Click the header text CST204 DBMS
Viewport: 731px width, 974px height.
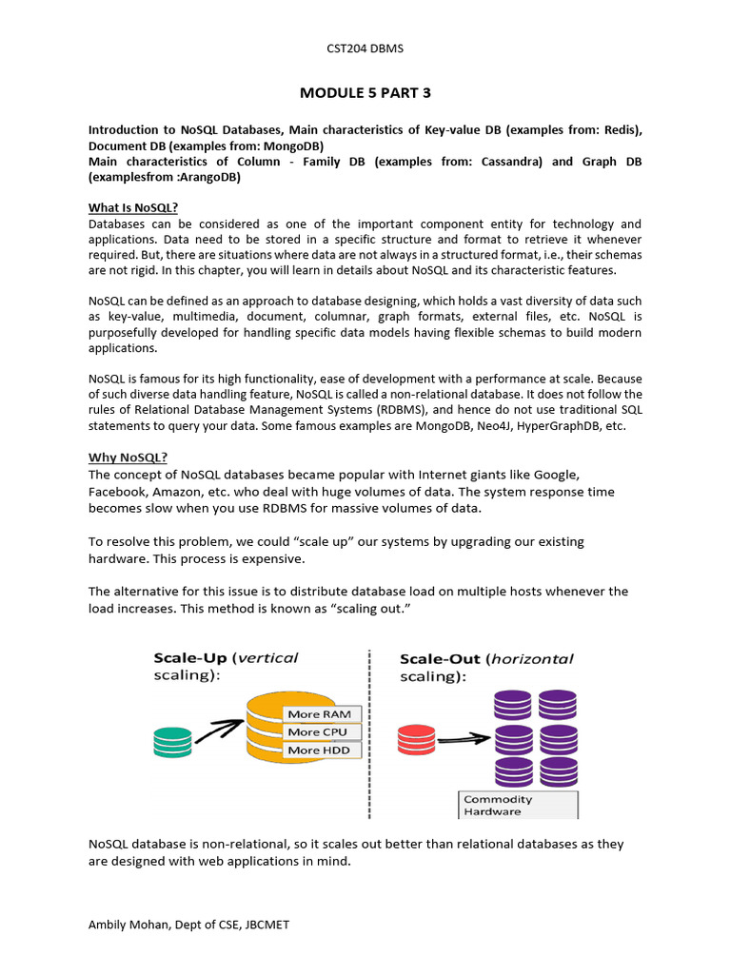coord(365,48)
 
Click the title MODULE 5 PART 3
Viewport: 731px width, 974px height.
coord(365,92)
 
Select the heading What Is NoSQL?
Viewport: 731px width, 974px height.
coord(133,208)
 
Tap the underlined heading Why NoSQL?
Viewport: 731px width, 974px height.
coord(128,458)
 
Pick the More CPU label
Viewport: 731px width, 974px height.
coord(317,732)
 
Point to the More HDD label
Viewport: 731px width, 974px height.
coord(318,750)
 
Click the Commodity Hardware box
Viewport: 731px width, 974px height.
coord(518,805)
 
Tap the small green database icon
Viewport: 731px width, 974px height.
coord(172,742)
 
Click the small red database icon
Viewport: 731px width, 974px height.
coord(416,739)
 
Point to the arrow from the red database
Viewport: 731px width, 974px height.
coord(464,737)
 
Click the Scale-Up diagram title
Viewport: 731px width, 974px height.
coord(226,666)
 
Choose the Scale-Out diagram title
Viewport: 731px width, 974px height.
coord(486,667)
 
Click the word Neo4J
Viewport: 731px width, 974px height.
coord(489,426)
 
